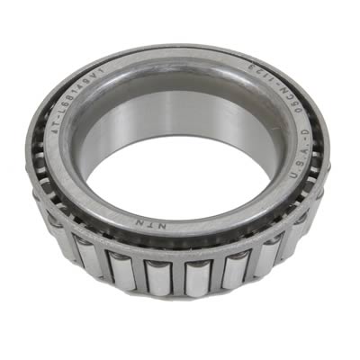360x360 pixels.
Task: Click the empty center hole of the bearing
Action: tap(180, 171)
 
